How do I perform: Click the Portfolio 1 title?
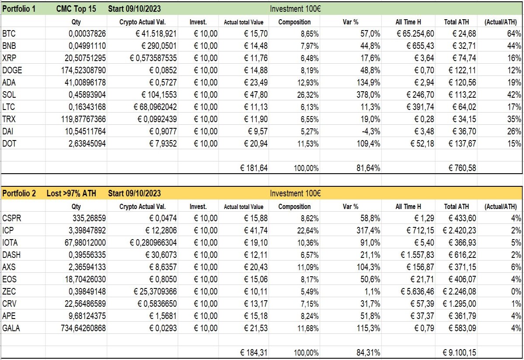click(x=19, y=9)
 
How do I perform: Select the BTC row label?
click(x=9, y=34)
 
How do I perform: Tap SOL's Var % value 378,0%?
click(x=368, y=95)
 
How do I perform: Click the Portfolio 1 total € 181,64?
click(x=254, y=168)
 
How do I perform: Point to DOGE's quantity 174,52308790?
click(x=83, y=70)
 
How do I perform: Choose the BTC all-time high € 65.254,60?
click(x=415, y=34)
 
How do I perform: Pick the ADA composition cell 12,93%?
click(x=308, y=82)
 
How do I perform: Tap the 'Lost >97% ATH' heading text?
click(x=71, y=193)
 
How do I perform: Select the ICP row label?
click(x=8, y=230)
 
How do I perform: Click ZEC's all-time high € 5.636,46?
click(x=417, y=291)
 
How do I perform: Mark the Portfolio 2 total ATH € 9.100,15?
click(x=459, y=352)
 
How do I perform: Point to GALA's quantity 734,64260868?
click(x=83, y=328)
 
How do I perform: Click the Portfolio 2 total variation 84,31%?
click(x=368, y=352)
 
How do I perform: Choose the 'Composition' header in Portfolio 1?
click(x=294, y=22)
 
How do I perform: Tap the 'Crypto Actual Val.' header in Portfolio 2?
click(x=142, y=206)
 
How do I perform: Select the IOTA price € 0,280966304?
click(x=153, y=243)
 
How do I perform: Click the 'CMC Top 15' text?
click(x=76, y=9)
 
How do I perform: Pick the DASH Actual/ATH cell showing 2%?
click(x=516, y=254)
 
